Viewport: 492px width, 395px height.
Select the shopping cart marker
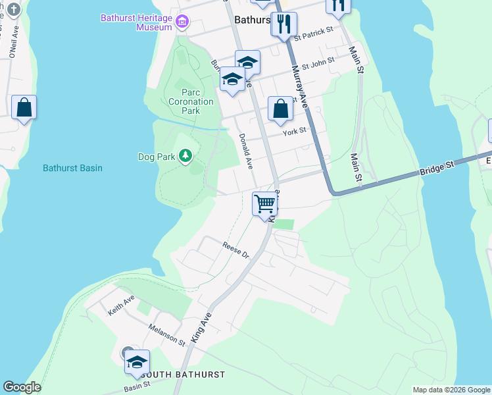pos(264,204)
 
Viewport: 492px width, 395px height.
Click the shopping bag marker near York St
pos(280,110)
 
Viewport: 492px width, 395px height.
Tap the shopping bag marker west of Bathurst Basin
pos(24,108)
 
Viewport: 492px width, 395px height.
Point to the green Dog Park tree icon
pos(187,155)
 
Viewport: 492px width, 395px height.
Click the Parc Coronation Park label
pos(191,101)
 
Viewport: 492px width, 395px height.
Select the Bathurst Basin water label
pos(72,168)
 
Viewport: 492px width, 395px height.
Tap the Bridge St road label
pos(437,171)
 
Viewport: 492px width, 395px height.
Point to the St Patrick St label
pos(314,33)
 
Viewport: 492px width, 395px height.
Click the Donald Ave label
pos(245,151)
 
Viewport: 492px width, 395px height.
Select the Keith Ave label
pos(121,304)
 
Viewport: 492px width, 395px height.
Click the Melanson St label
pos(166,334)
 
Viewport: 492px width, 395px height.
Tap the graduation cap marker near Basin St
pos(137,362)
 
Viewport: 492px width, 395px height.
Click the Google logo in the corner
pos(22,387)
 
